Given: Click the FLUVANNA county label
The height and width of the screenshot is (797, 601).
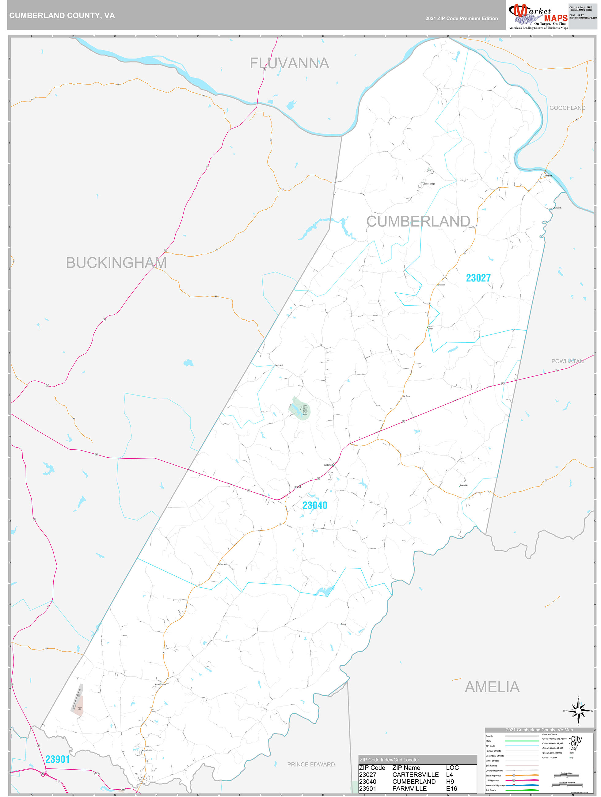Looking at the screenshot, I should pyautogui.click(x=289, y=63).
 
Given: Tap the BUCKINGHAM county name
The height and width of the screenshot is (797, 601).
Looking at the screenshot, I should pyautogui.click(x=116, y=263).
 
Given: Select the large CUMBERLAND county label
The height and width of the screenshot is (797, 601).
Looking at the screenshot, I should pyautogui.click(x=418, y=222).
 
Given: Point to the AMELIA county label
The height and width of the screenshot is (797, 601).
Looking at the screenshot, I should pyautogui.click(x=492, y=687).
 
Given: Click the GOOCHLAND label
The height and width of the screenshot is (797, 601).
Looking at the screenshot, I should pyautogui.click(x=567, y=108).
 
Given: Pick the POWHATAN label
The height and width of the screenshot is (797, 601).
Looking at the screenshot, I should pyautogui.click(x=567, y=361).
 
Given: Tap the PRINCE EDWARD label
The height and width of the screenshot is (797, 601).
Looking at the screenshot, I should pyautogui.click(x=310, y=764).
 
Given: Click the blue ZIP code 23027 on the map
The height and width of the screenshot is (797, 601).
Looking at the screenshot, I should pyautogui.click(x=478, y=278).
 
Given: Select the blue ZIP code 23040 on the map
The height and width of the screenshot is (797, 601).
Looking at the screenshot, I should pyautogui.click(x=314, y=505).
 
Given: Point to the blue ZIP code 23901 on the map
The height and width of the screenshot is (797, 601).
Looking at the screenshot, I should pyautogui.click(x=57, y=759).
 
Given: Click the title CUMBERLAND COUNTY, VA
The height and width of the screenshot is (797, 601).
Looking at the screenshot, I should pyautogui.click(x=62, y=16).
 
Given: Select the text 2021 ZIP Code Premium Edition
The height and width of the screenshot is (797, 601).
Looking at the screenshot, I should pyautogui.click(x=461, y=18).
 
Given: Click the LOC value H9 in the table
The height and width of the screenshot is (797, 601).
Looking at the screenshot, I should pyautogui.click(x=450, y=781).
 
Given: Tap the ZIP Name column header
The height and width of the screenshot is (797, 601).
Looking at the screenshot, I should pyautogui.click(x=406, y=768).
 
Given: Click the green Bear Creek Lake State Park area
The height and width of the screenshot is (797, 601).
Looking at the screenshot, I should pyautogui.click(x=300, y=409).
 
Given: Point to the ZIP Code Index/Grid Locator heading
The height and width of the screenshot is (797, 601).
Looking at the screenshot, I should pyautogui.click(x=389, y=760).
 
